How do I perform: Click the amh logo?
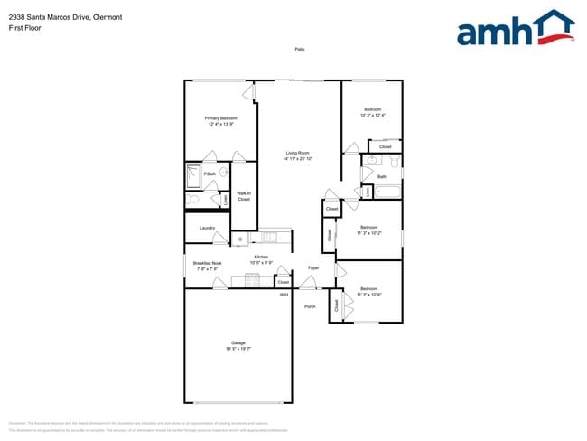coord(515,29)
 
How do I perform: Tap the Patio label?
coord(299,49)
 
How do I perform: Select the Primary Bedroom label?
coord(219,118)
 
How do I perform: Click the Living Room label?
coord(297,153)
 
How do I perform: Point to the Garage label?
coord(238,342)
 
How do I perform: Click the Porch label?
coord(310,306)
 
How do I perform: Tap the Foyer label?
coord(313,268)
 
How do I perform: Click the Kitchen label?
coord(261,258)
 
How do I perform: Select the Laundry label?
coord(207,228)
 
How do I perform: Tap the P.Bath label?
coord(209,174)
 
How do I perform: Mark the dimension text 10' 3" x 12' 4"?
coord(372,116)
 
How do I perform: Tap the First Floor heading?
coord(22,27)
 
